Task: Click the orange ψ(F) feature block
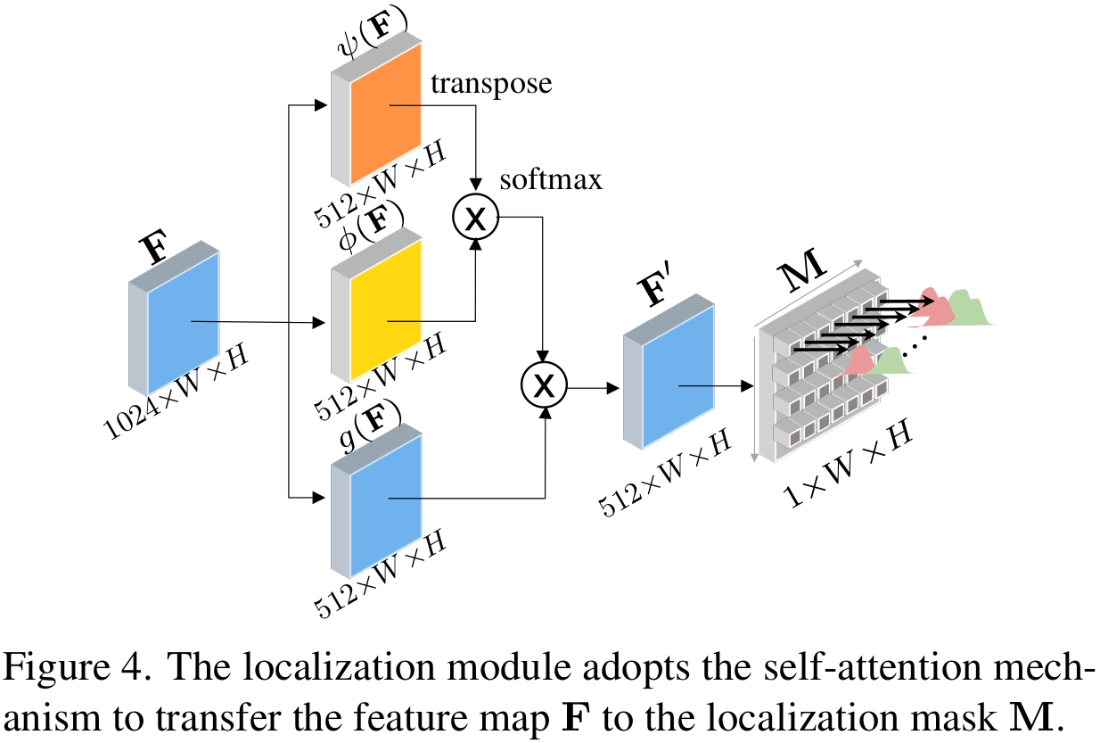click(x=385, y=113)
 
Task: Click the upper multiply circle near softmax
click(x=476, y=219)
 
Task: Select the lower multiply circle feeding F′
click(x=544, y=384)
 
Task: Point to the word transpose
click(x=491, y=84)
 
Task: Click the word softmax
click(x=551, y=179)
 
